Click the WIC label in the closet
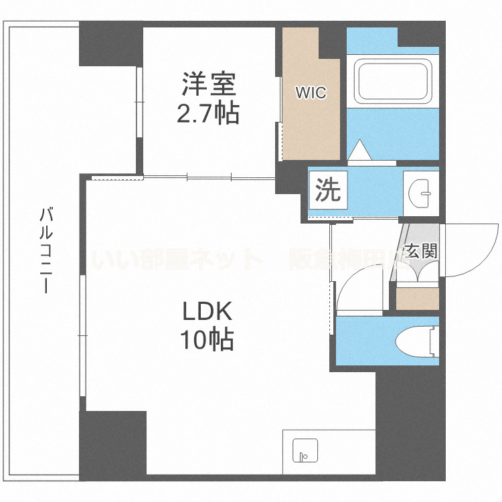tap(312, 93)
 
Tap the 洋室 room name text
tap(207, 86)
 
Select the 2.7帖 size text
tap(207, 114)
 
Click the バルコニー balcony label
tap(46, 251)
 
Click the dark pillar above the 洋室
tap(110, 43)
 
